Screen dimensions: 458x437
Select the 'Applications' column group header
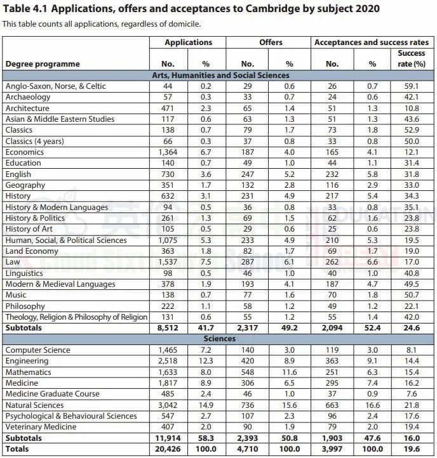pyautogui.click(x=188, y=43)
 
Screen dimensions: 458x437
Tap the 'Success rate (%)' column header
pyautogui.click(x=411, y=58)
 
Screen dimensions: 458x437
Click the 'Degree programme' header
pyautogui.click(x=43, y=64)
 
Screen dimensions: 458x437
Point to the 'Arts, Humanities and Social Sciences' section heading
pyautogui.click(x=220, y=75)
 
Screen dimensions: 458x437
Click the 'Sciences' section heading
pyautogui.click(x=220, y=339)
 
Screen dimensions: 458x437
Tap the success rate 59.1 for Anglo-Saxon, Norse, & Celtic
pyautogui.click(x=411, y=86)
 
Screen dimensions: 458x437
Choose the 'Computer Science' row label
pyautogui.click(x=37, y=350)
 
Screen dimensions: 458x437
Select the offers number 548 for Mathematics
pyautogui.click(x=247, y=372)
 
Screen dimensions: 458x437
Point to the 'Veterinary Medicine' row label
pyautogui.click(x=41, y=427)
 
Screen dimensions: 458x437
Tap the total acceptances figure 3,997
pyautogui.click(x=331, y=449)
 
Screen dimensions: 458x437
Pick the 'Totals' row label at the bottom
pyautogui.click(x=17, y=449)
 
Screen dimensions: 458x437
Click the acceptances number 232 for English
pyautogui.click(x=332, y=174)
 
